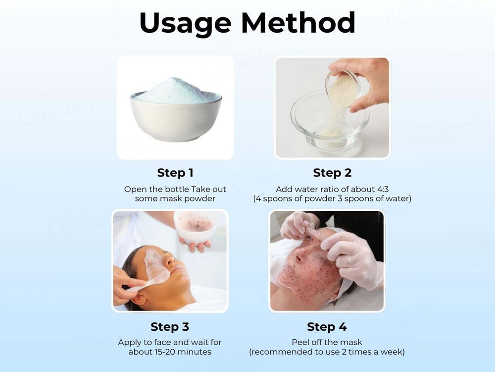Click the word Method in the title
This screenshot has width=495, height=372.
[301, 23]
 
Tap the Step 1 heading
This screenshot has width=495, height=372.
[175, 173]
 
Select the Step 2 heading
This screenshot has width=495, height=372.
[332, 173]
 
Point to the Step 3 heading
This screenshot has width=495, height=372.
[170, 327]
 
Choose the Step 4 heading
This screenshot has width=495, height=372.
[327, 327]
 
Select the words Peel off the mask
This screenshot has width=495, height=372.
[327, 342]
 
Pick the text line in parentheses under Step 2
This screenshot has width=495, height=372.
[332, 198]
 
